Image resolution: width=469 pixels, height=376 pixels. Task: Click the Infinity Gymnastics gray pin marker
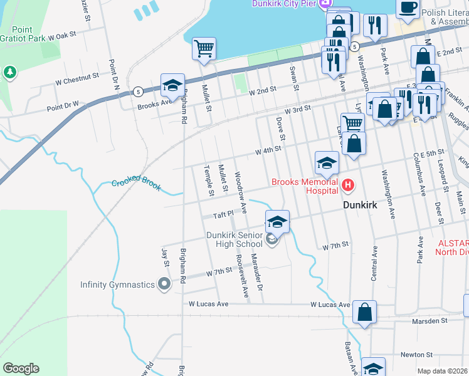pyautogui.click(x=165, y=285)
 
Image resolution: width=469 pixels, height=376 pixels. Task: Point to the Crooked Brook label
pyautogui.click(x=136, y=185)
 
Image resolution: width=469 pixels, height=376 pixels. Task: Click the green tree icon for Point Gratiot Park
pyautogui.click(x=10, y=73)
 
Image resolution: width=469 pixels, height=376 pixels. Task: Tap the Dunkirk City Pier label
pyautogui.click(x=283, y=4)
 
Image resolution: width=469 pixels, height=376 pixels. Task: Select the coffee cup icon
pyautogui.click(x=408, y=7)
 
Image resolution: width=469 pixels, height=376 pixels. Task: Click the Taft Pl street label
pyautogui.click(x=223, y=214)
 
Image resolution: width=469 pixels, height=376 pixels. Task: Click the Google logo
pyautogui.click(x=21, y=368)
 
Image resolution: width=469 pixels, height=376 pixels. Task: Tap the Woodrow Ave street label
pyautogui.click(x=240, y=186)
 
